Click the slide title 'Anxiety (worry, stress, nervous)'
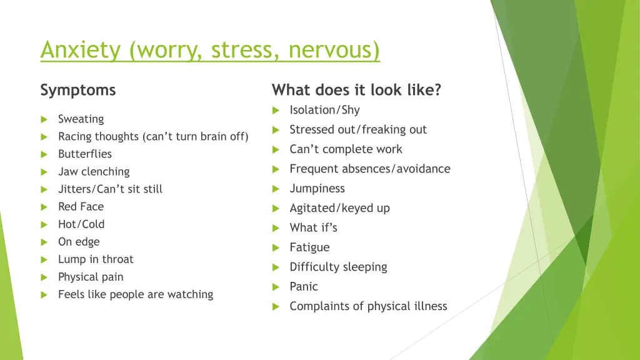click(x=210, y=50)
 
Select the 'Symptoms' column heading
click(x=78, y=91)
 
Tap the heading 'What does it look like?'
click(x=356, y=91)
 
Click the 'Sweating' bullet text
click(x=81, y=119)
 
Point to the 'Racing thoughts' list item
click(x=153, y=137)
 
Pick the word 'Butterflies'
click(x=85, y=154)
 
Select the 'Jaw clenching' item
click(x=94, y=172)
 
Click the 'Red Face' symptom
click(x=81, y=207)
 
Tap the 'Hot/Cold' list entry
click(x=81, y=224)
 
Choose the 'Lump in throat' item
click(x=96, y=259)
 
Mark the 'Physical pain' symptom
click(x=91, y=277)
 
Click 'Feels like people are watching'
click(x=136, y=294)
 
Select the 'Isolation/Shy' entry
click(x=324, y=110)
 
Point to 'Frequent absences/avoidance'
click(x=369, y=169)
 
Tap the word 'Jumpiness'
click(x=317, y=189)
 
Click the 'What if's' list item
click(x=313, y=228)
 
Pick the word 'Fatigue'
click(x=309, y=247)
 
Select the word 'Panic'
click(x=304, y=287)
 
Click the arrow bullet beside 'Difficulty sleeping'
click(x=276, y=267)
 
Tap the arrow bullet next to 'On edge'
click(x=44, y=242)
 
